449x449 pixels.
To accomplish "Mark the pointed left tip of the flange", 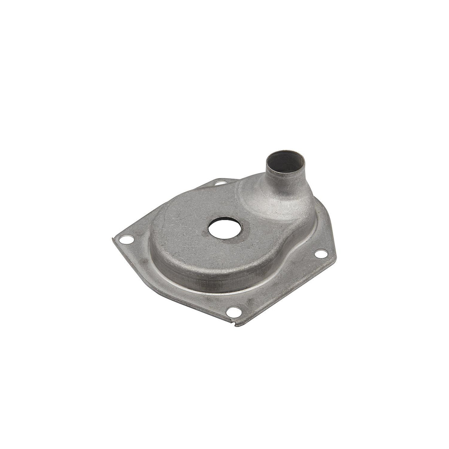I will tap(113, 239).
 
